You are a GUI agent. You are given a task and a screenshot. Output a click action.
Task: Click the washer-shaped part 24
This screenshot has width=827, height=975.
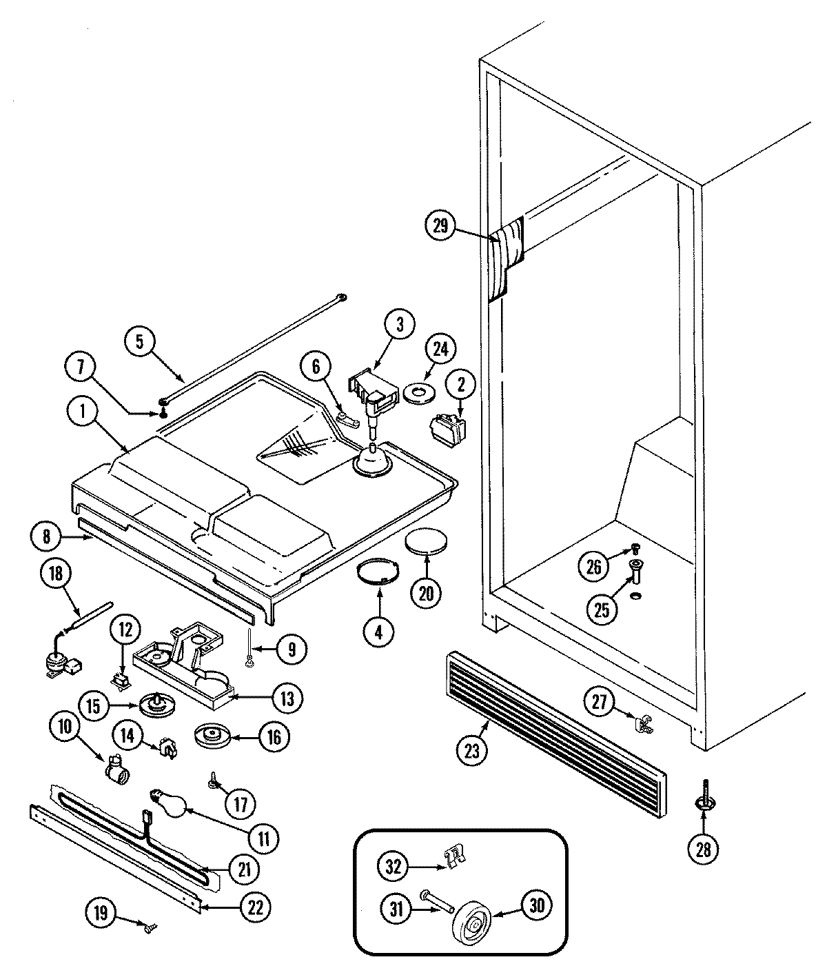(418, 393)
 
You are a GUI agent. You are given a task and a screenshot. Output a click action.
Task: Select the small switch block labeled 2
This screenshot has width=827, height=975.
(447, 427)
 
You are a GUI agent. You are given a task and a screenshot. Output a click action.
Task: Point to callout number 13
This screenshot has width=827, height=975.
(287, 699)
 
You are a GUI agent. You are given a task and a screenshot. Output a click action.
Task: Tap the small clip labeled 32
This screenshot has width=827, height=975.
(453, 857)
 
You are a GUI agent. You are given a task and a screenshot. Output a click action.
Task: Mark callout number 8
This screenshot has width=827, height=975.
(47, 536)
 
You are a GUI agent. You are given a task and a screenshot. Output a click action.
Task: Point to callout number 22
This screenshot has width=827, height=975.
(255, 908)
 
